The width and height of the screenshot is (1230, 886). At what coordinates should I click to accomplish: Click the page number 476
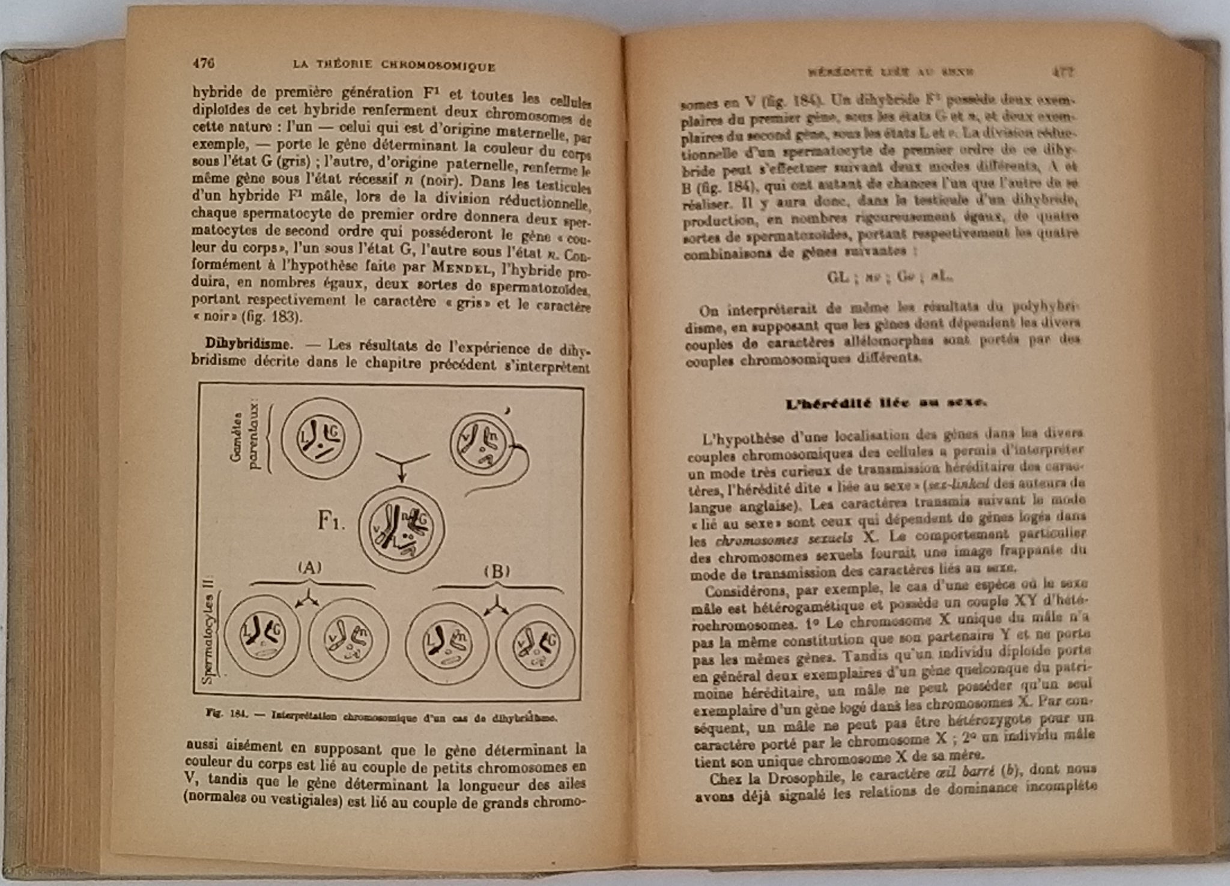coord(204,63)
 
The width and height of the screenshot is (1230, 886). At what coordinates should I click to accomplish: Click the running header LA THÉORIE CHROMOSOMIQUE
coord(392,66)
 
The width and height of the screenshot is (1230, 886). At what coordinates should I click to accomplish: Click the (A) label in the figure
coord(310,568)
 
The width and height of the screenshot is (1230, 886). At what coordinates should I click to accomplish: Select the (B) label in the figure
coord(496,571)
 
